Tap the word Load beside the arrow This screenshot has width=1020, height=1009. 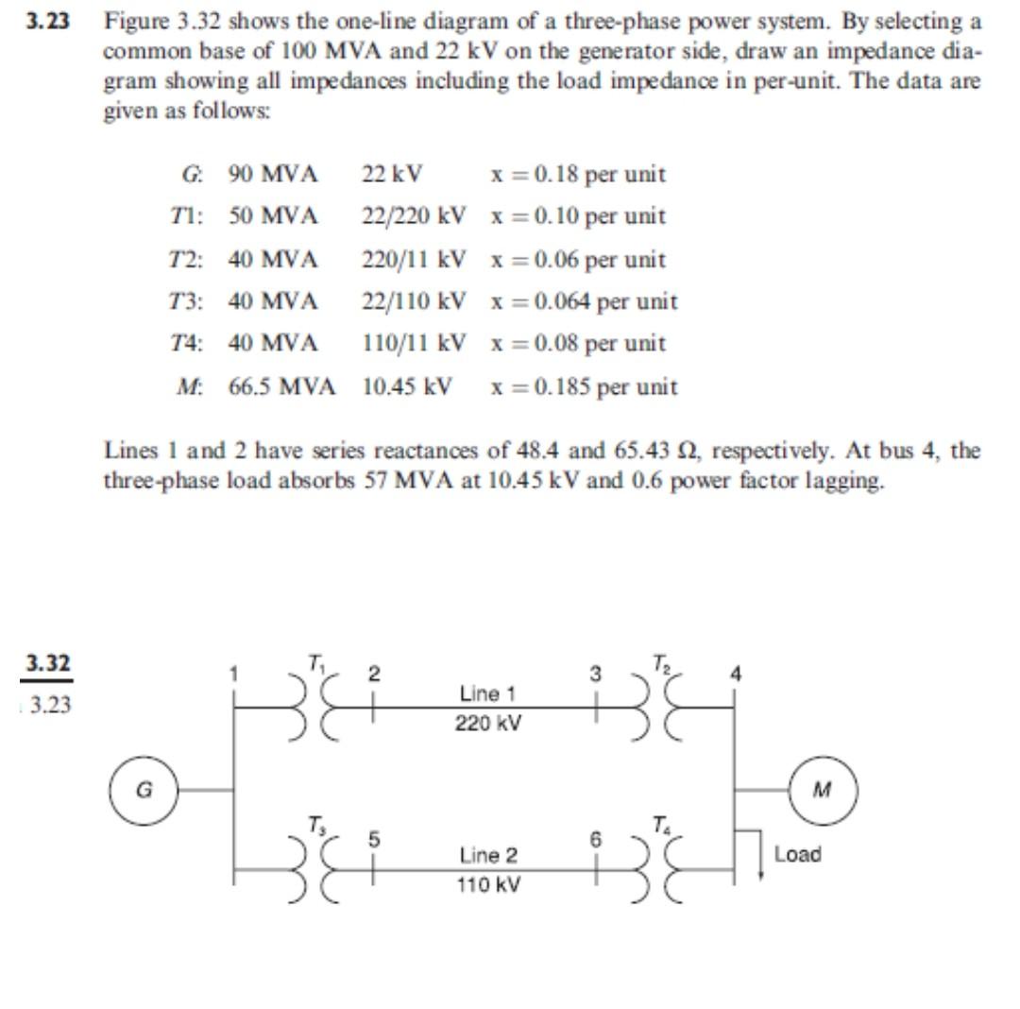[797, 854]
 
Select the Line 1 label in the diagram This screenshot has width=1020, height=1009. [487, 693]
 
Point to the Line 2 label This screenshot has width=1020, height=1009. [488, 856]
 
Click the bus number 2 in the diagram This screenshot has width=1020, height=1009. [374, 675]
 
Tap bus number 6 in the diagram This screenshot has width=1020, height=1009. [595, 838]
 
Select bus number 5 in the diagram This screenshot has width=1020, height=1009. [374, 838]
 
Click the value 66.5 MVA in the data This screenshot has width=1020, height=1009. [281, 386]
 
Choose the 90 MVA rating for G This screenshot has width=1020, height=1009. [272, 175]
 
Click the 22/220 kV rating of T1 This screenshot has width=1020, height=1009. [414, 216]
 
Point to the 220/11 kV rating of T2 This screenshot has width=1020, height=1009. [414, 259]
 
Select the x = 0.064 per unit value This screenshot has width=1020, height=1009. [584, 301]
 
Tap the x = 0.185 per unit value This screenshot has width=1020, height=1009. [584, 386]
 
